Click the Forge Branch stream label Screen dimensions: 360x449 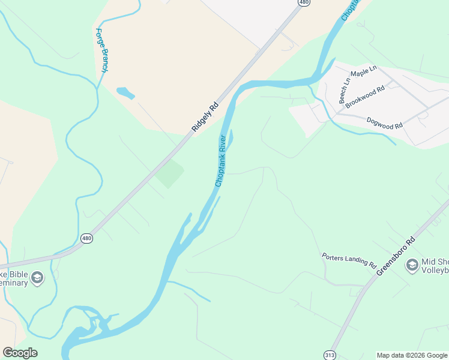[x=101, y=51]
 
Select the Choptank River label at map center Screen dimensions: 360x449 [x=221, y=161]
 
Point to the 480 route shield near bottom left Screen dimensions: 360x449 [x=87, y=238]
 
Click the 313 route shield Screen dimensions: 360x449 [x=330, y=355]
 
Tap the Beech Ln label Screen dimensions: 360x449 [x=345, y=91]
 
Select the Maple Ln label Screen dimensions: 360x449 [x=363, y=73]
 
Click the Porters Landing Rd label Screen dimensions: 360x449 [x=348, y=260]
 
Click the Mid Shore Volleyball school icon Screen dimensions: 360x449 [x=412, y=265]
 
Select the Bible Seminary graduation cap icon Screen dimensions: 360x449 [x=37, y=277]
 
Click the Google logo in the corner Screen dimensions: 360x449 [x=20, y=353]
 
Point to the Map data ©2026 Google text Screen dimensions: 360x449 [x=412, y=355]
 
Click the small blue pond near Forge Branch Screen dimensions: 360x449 [x=125, y=93]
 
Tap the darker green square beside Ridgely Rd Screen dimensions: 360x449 [x=170, y=173]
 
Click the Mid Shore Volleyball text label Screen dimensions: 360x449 [x=436, y=266]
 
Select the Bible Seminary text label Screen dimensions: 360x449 [x=13, y=278]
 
